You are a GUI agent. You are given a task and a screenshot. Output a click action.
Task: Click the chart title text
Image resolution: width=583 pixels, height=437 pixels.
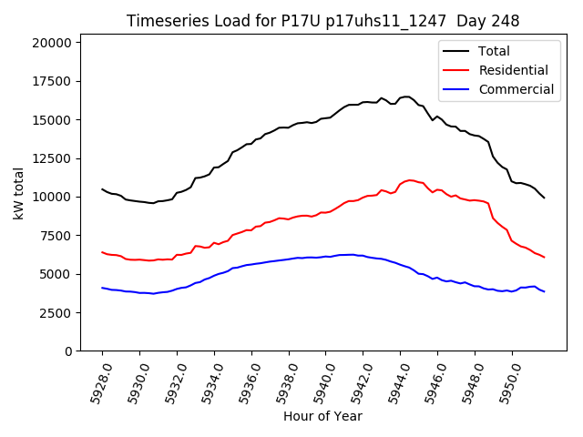tap(329, 21)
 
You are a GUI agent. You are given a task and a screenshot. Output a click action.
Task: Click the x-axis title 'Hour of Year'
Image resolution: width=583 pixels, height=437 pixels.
tap(322, 416)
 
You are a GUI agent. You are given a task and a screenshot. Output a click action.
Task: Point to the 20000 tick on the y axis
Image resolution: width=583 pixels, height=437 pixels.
tap(52, 43)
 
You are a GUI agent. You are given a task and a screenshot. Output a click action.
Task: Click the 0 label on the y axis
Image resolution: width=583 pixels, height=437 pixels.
tap(68, 351)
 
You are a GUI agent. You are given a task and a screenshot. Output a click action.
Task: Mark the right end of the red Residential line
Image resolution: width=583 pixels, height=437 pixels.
tap(544, 258)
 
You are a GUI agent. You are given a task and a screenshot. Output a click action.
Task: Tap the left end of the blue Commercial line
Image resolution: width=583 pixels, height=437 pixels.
tap(102, 288)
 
